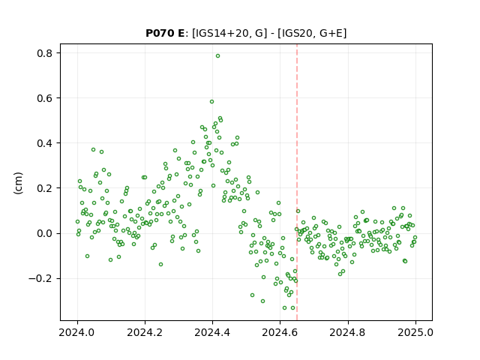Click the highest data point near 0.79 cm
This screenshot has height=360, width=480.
[x=217, y=56]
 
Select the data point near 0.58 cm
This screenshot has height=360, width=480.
[x=211, y=102]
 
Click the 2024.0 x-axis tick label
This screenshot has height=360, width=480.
[x=77, y=332]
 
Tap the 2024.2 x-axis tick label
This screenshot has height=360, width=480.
[x=145, y=332]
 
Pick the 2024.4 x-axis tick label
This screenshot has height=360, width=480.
[x=212, y=332]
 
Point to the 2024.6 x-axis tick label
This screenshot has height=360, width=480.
[x=280, y=332]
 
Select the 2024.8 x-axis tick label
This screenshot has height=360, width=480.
[x=348, y=332]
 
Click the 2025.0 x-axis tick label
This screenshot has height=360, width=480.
[x=415, y=332]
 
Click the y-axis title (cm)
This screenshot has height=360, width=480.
[x=18, y=183]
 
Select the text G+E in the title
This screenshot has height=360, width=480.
[x=331, y=33]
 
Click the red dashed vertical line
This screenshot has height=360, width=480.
[x=297, y=182]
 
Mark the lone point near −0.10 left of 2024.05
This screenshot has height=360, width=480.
[x=87, y=256]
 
